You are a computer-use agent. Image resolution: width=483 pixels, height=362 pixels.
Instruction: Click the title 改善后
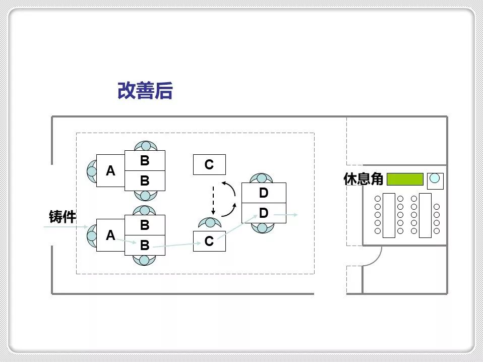tap(145, 91)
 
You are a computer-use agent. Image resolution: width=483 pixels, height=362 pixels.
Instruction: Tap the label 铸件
tap(63, 217)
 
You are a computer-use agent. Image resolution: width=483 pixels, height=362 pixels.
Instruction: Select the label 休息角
tap(364, 179)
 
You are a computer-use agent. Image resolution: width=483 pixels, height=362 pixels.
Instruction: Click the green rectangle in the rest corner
tap(404, 179)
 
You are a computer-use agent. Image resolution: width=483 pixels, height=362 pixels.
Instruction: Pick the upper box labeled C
tap(209, 165)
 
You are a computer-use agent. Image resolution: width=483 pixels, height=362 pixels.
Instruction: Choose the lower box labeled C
tap(209, 242)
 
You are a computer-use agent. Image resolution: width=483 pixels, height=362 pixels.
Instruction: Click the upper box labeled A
tap(110, 171)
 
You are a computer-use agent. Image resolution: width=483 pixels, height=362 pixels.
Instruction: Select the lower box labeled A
tap(110, 235)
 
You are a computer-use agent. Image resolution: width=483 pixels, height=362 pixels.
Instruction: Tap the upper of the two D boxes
tap(264, 193)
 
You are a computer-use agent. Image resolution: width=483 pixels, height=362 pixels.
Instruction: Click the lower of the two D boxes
tap(264, 213)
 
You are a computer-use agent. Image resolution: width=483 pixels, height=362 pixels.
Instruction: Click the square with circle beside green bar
tap(435, 179)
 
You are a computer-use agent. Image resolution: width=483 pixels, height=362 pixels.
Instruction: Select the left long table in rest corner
tap(389, 215)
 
